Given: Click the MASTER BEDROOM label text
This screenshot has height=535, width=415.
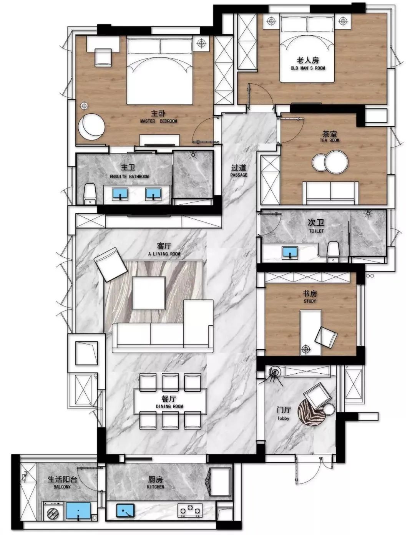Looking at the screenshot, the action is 158,121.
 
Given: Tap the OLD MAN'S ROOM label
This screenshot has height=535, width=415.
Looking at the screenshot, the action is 308,68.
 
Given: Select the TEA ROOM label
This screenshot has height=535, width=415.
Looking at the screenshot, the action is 330,140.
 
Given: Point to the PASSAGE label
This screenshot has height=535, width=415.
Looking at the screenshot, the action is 239,175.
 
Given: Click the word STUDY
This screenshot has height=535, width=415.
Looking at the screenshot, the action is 310,301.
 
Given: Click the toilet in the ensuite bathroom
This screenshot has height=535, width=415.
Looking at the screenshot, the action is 90,194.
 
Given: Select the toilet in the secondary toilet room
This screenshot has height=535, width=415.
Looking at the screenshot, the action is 333,252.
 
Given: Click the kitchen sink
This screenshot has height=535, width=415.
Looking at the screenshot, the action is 125,510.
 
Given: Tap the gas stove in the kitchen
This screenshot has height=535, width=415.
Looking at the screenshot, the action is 190,510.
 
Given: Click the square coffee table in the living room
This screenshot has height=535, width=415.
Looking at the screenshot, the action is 148,293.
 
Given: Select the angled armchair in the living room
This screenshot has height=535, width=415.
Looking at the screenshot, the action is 111,265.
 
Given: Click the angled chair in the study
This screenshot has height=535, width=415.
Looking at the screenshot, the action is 326,338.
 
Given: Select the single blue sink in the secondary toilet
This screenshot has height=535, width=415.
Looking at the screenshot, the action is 290,252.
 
